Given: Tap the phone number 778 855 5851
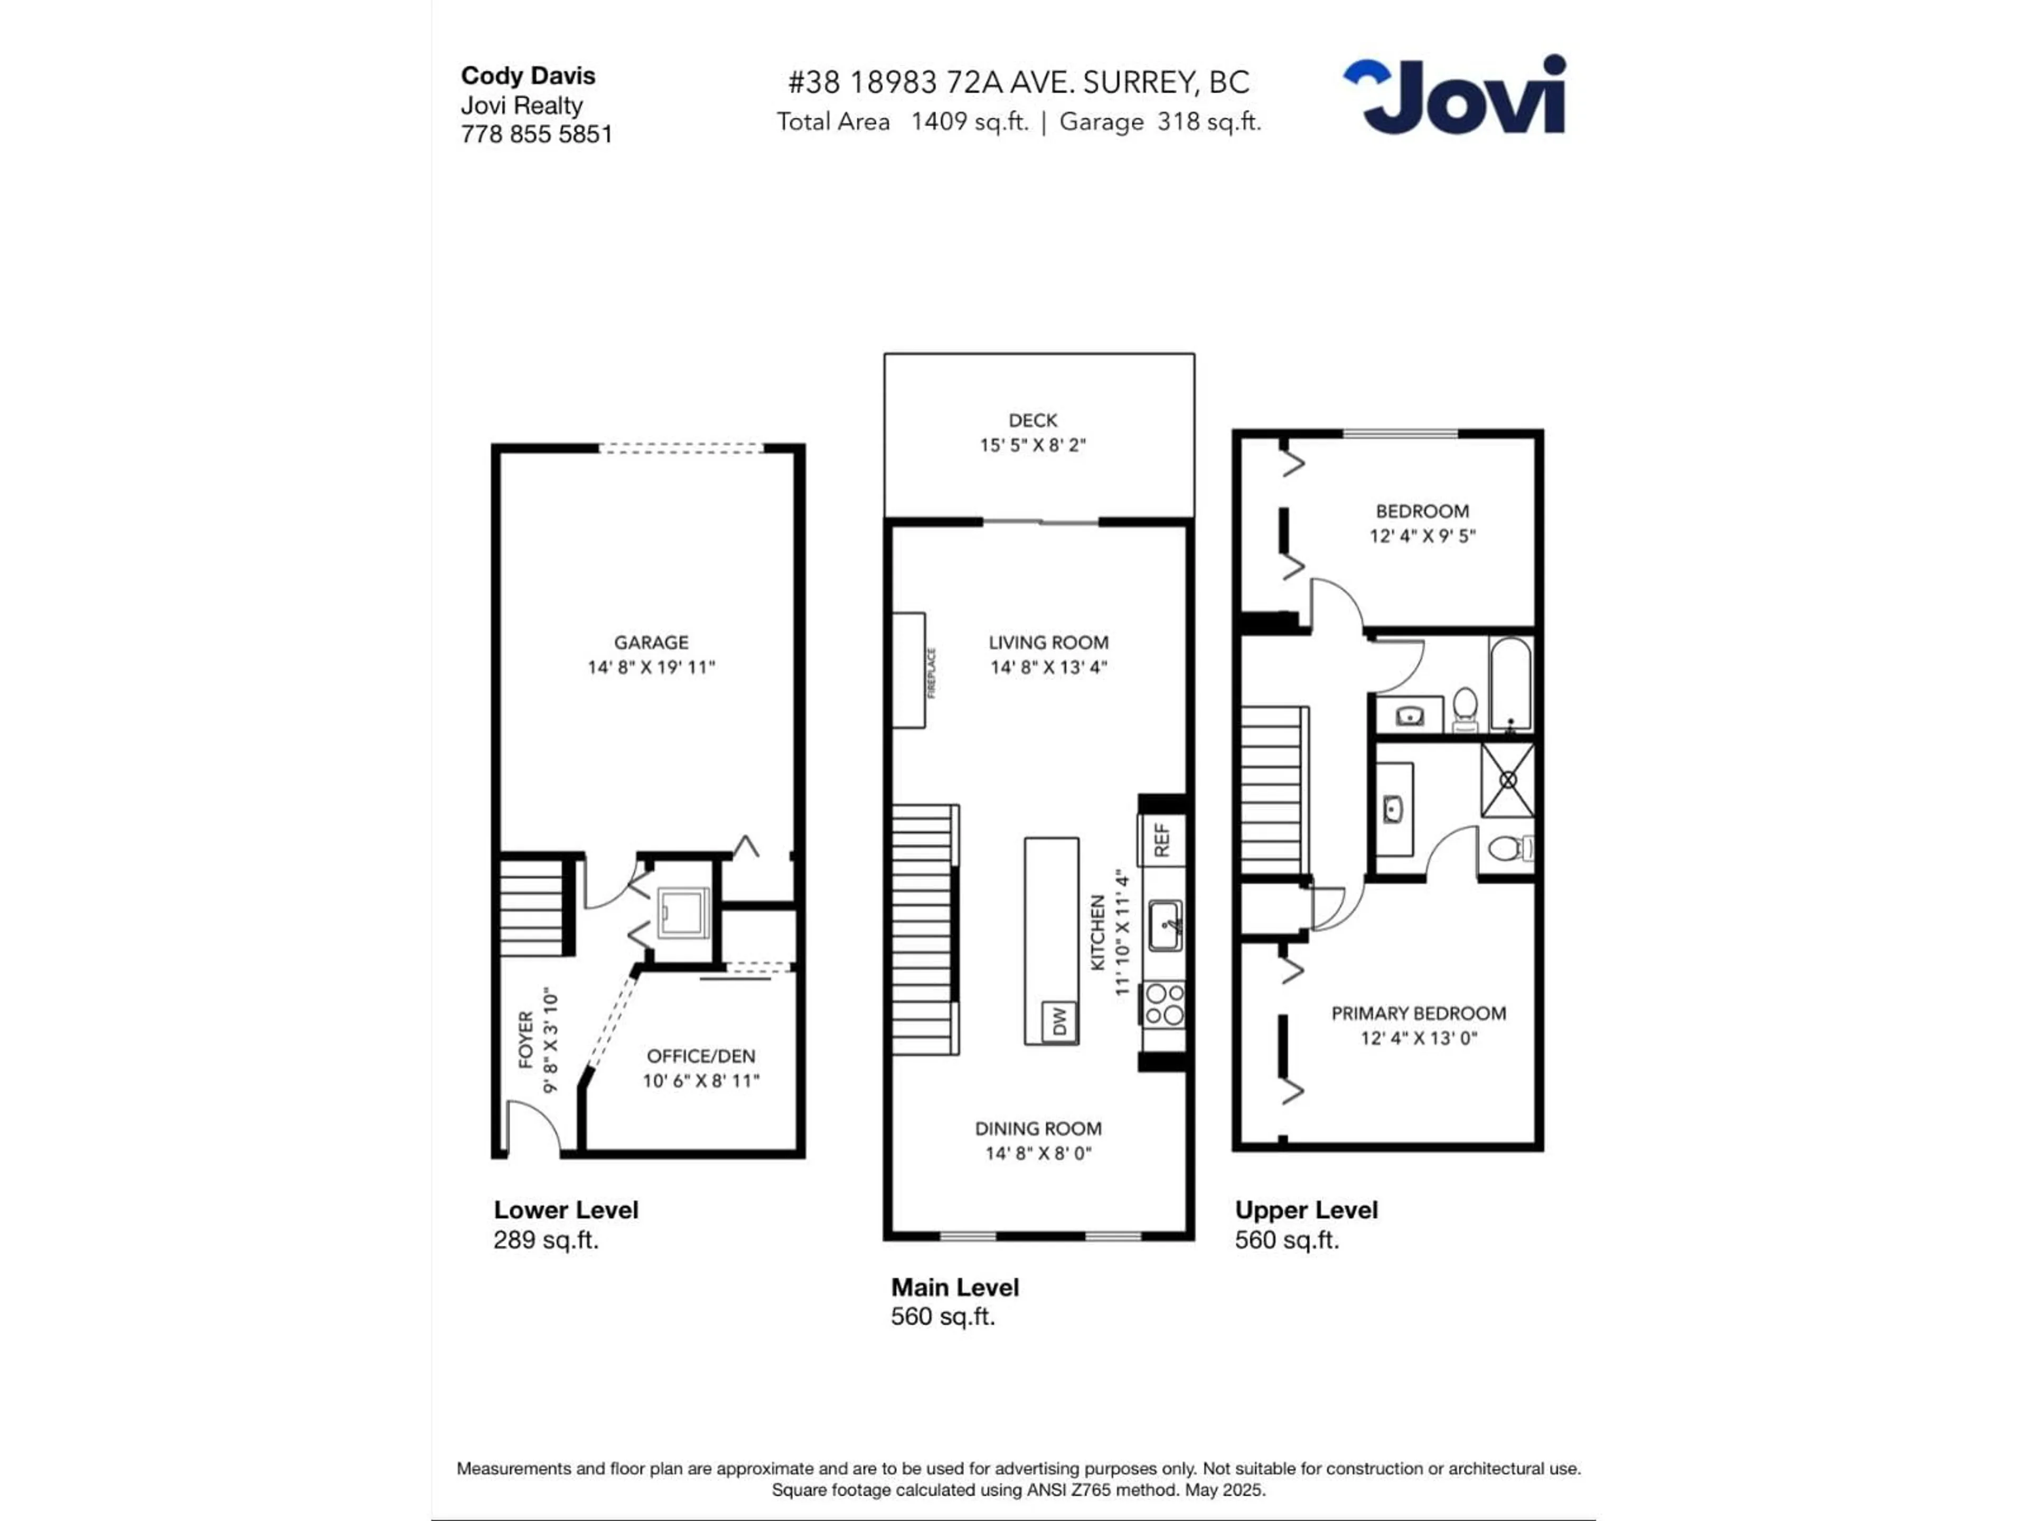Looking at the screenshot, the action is click(537, 135).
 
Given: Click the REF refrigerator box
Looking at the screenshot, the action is click(1161, 840).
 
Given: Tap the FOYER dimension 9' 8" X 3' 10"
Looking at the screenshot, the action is click(550, 1040).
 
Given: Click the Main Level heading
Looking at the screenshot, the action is click(954, 1287).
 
